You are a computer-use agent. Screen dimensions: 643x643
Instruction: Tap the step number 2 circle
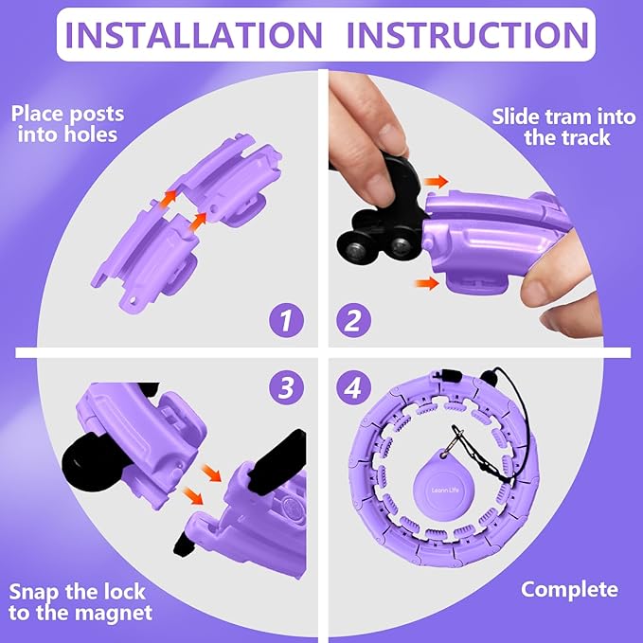tap(352, 319)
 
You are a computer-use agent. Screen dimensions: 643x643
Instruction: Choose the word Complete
tap(569, 590)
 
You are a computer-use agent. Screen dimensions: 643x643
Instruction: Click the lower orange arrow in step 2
tap(426, 281)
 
